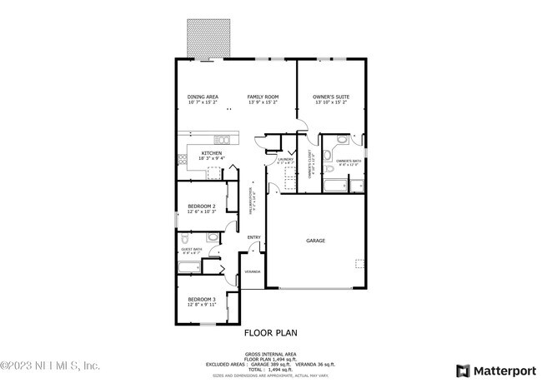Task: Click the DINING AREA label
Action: [202, 97]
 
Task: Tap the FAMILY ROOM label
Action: [262, 97]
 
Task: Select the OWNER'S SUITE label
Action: [331, 97]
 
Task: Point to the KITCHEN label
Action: [211, 153]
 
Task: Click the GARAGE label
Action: [315, 241]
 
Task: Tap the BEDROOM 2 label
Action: [202, 206]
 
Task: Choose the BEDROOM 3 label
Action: [202, 299]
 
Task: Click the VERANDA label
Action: [252, 272]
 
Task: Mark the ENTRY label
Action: [253, 237]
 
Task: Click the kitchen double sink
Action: [223, 138]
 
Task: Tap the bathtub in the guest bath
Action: [189, 267]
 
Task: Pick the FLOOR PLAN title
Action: [270, 332]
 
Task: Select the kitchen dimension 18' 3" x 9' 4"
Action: [211, 159]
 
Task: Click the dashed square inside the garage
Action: [360, 264]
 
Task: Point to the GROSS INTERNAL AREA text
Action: [271, 353]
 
